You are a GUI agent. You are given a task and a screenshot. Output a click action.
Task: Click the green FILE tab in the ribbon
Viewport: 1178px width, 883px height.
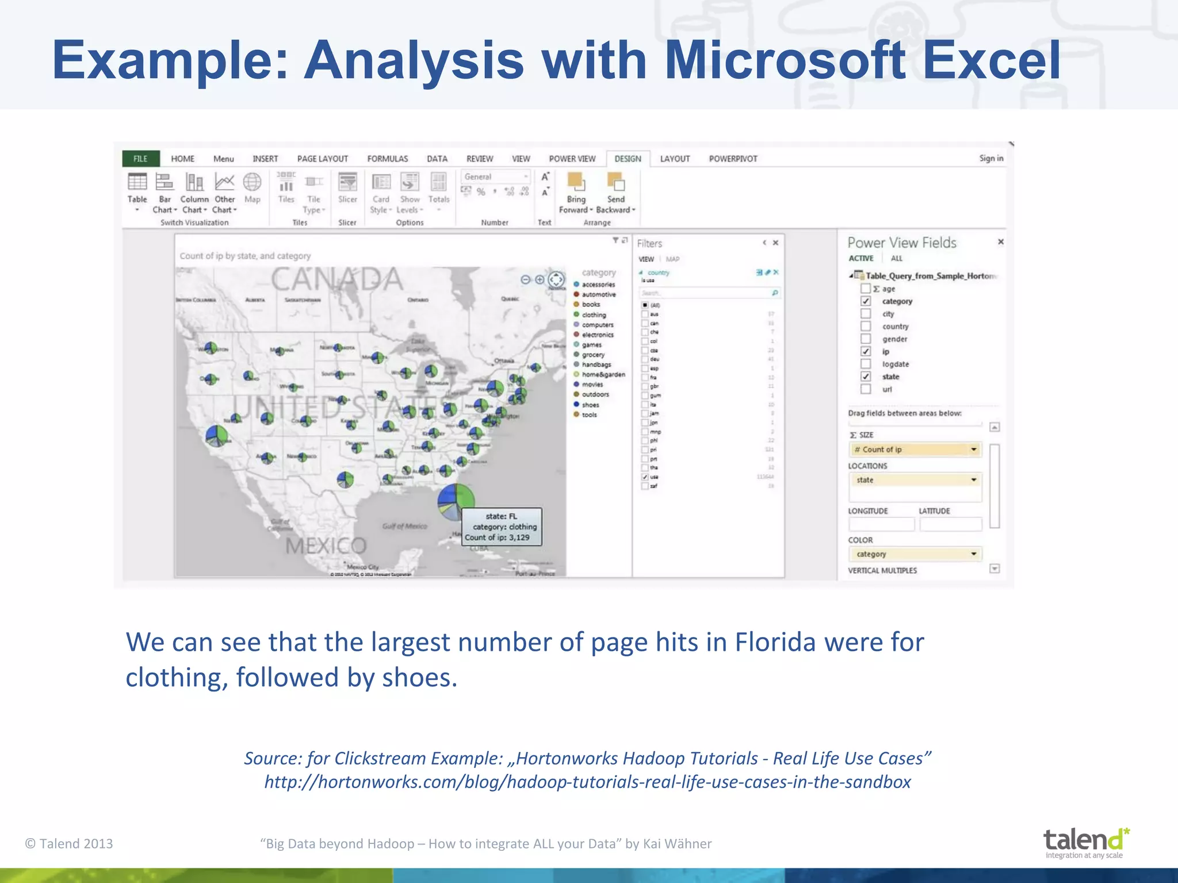click(x=140, y=159)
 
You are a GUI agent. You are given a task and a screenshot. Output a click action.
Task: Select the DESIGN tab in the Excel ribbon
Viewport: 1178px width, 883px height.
click(x=628, y=159)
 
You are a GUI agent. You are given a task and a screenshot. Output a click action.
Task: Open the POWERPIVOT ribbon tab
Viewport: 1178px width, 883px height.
click(x=733, y=159)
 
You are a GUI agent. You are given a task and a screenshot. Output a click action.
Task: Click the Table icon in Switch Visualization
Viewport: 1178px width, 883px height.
click(x=137, y=183)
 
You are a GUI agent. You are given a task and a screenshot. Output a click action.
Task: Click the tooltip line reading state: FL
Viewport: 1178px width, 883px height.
click(x=501, y=516)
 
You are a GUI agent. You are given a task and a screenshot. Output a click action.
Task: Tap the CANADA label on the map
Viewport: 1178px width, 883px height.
click(x=337, y=280)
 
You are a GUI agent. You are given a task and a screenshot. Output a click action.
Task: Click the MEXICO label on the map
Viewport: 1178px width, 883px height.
click(x=326, y=546)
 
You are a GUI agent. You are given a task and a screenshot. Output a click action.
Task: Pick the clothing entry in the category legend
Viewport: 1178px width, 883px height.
click(x=594, y=315)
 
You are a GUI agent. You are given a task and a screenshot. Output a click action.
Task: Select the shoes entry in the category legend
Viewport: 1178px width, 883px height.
click(x=590, y=405)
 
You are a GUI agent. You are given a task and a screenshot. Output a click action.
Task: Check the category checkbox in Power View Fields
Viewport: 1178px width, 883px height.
click(x=866, y=301)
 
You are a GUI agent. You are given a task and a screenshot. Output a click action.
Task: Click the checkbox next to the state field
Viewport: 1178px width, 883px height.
click(x=866, y=377)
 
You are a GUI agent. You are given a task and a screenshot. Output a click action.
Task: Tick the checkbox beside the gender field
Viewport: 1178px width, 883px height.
click(x=866, y=339)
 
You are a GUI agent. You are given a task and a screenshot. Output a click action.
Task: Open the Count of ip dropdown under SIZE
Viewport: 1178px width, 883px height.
click(x=973, y=450)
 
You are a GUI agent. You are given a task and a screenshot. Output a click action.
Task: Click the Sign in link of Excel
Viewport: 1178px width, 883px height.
click(x=991, y=158)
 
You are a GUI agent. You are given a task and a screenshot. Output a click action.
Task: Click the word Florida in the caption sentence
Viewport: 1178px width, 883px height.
click(x=775, y=642)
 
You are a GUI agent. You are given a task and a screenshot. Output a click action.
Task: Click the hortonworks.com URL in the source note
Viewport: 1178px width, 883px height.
click(x=587, y=782)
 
